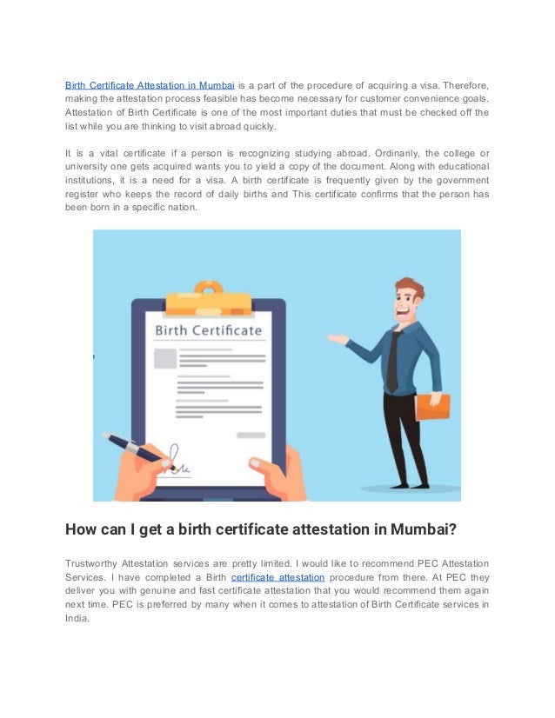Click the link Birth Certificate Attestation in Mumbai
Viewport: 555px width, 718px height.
click(150, 85)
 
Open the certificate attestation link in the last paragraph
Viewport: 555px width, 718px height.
click(278, 575)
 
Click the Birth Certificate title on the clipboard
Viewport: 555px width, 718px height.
click(208, 330)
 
